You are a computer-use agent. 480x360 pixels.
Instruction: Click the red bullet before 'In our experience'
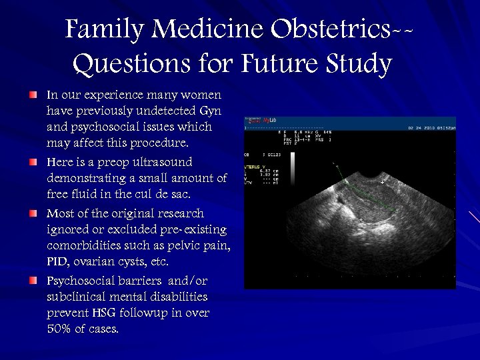[33, 96]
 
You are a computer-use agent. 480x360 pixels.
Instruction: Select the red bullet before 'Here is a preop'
[33, 162]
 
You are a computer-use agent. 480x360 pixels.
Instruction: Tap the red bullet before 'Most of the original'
[33, 213]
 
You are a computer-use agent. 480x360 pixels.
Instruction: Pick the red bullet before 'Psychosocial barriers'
[33, 281]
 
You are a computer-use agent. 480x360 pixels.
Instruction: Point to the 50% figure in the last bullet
[60, 329]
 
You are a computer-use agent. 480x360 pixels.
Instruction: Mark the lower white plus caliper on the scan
[361, 219]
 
